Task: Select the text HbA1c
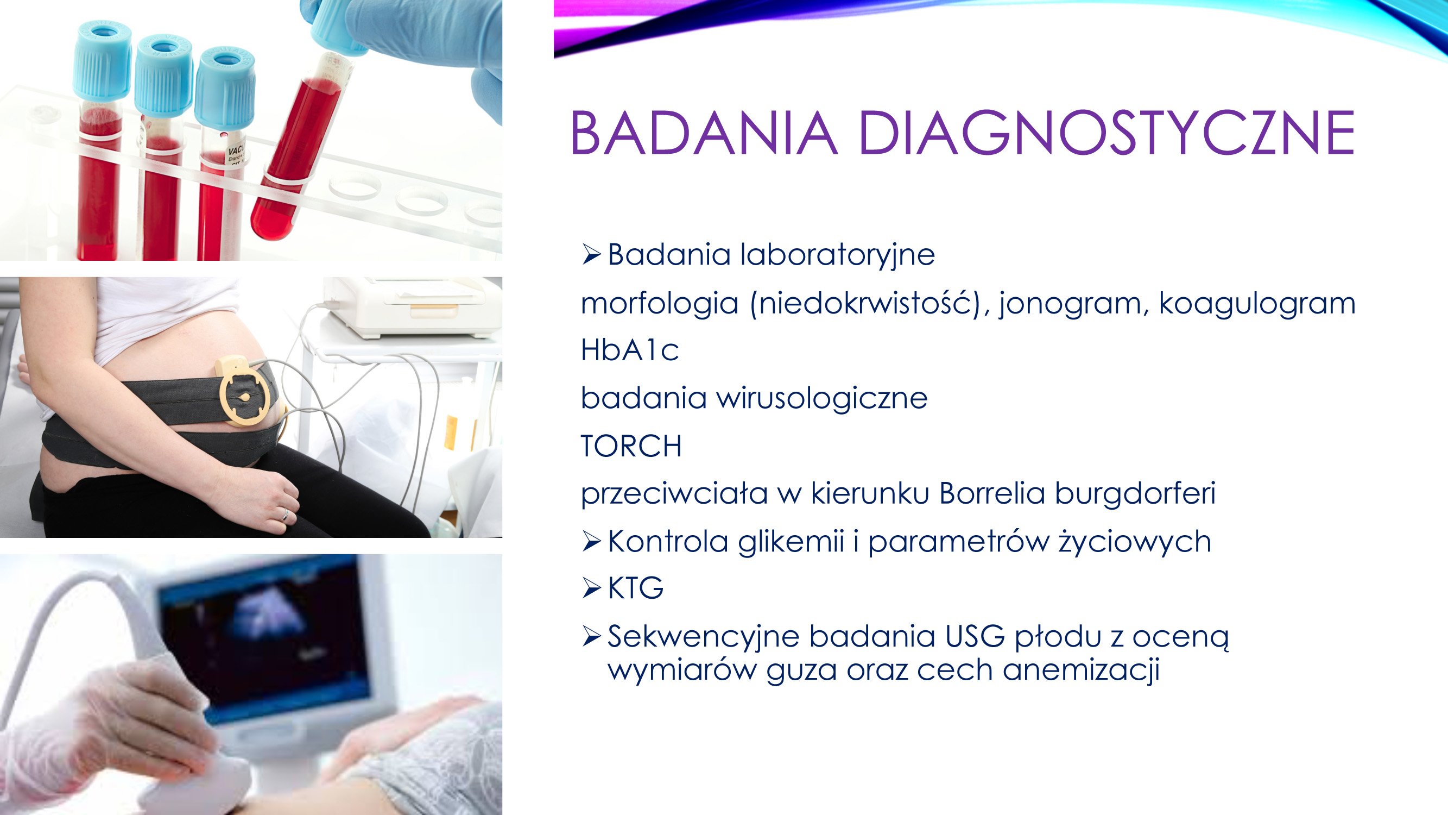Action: pos(630,350)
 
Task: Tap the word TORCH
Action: pos(631,446)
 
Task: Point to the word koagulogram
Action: pos(1257,304)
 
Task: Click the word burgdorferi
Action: pos(1135,494)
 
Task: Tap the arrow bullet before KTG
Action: pos(592,588)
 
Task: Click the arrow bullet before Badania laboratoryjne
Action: pos(592,254)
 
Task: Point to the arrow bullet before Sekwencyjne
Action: pos(592,636)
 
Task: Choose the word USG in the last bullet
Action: pos(975,637)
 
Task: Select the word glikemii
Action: pos(791,542)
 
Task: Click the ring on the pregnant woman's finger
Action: pos(285,515)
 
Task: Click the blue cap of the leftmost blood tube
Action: pos(102,61)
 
